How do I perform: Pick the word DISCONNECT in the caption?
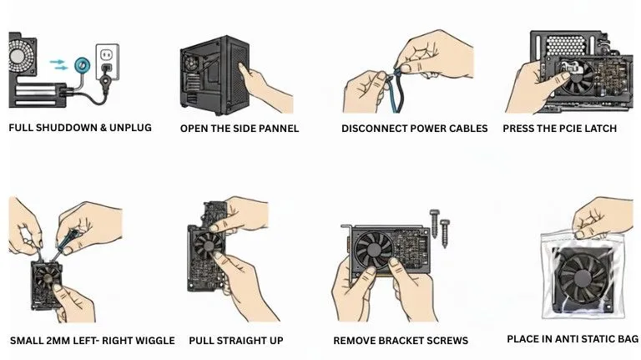coord(372,129)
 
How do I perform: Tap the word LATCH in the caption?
coord(599,129)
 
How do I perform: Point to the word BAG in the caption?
coord(627,339)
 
